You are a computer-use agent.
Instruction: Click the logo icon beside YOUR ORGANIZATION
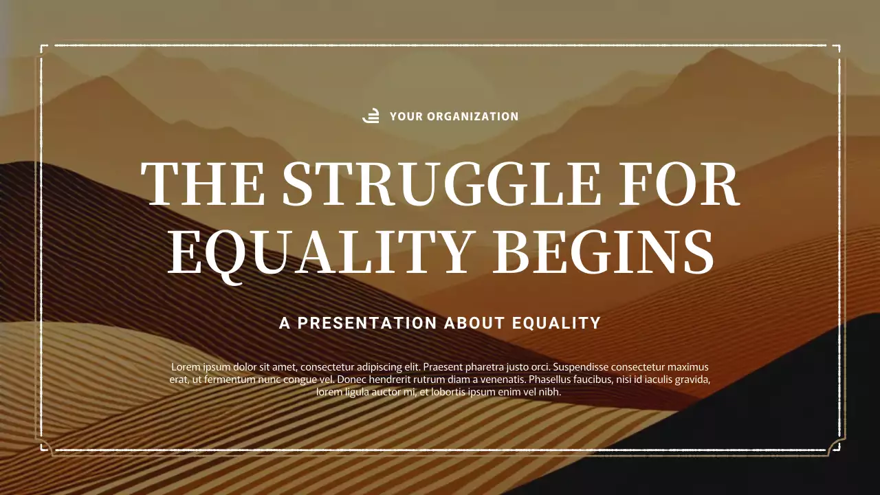click(371, 116)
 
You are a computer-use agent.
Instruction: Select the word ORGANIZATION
click(473, 117)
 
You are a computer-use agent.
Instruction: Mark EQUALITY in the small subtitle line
click(558, 323)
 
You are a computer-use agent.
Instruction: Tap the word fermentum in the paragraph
click(223, 379)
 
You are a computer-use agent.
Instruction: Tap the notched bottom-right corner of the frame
click(836, 446)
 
